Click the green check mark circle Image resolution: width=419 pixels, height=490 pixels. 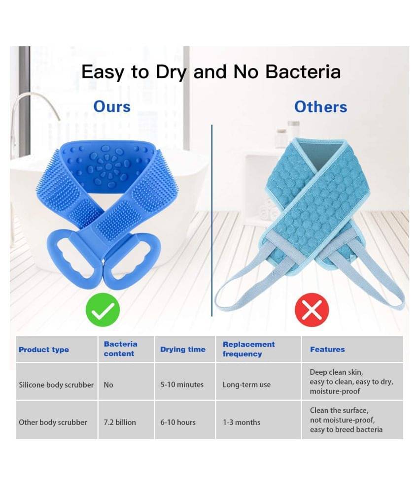point(103,310)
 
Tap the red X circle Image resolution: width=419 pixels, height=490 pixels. point(312,310)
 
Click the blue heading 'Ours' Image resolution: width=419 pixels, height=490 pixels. point(112,106)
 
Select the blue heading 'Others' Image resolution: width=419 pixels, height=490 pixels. point(321,106)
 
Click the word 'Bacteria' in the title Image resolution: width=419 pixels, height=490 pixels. point(303,71)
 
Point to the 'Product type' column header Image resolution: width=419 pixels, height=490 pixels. point(44,349)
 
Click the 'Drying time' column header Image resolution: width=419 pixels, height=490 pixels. point(183,349)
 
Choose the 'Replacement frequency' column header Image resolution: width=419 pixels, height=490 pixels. point(249,349)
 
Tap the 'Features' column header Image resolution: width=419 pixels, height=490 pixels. point(327,349)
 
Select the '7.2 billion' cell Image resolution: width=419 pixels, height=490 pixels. point(120,422)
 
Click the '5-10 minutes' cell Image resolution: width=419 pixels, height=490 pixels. point(182,385)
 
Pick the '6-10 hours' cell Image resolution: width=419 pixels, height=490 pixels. point(178,422)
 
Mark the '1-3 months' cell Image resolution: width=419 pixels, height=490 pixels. point(241,422)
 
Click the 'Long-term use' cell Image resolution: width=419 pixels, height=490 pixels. point(246,385)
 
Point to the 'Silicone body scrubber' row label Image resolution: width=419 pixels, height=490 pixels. point(56,385)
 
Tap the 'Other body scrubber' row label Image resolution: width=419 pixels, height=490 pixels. point(53,422)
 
